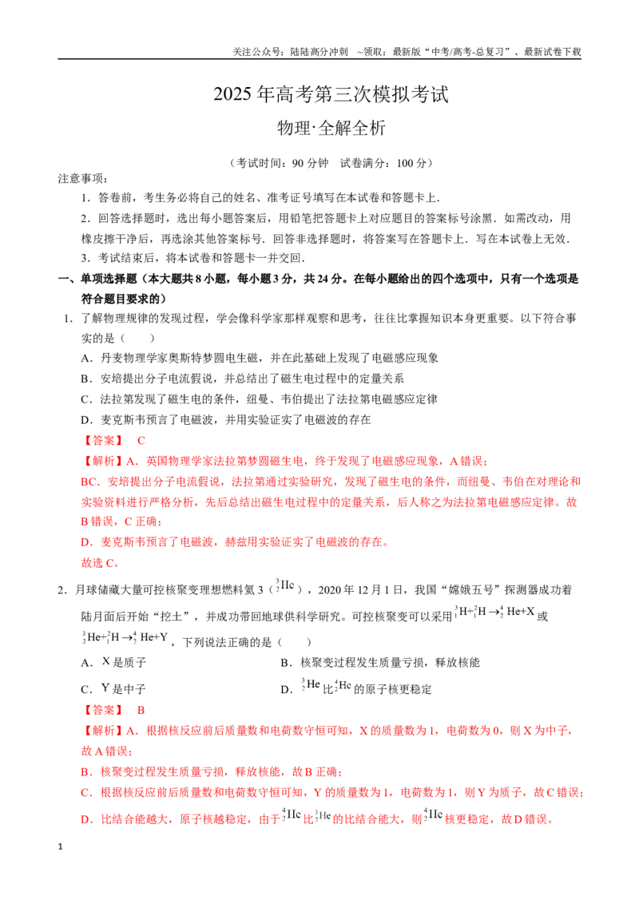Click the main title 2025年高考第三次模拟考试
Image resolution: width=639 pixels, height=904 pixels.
pos(331,94)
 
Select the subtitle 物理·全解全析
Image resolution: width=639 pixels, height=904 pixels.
pos(331,128)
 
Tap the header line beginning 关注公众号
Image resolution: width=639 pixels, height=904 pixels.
pos(407,52)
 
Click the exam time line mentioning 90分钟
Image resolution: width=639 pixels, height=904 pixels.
pos(331,163)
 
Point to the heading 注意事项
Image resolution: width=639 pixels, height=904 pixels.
pos(83,179)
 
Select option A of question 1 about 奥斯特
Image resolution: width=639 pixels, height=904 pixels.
pos(260,358)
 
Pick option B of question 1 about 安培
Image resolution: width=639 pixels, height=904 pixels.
pos(242,379)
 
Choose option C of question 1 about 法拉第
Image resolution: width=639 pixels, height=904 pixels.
pos(259,399)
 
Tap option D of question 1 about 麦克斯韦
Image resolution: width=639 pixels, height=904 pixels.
pos(225,420)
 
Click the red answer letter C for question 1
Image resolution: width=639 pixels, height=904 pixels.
pos(141,441)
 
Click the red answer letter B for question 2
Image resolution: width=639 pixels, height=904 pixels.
pos(141,710)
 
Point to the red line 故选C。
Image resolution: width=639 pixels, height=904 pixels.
pos(101,563)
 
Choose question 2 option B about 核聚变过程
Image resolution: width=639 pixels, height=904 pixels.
pos(380,663)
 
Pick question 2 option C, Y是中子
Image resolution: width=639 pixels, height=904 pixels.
pos(113,689)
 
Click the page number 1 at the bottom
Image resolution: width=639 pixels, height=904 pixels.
pos(60,847)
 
